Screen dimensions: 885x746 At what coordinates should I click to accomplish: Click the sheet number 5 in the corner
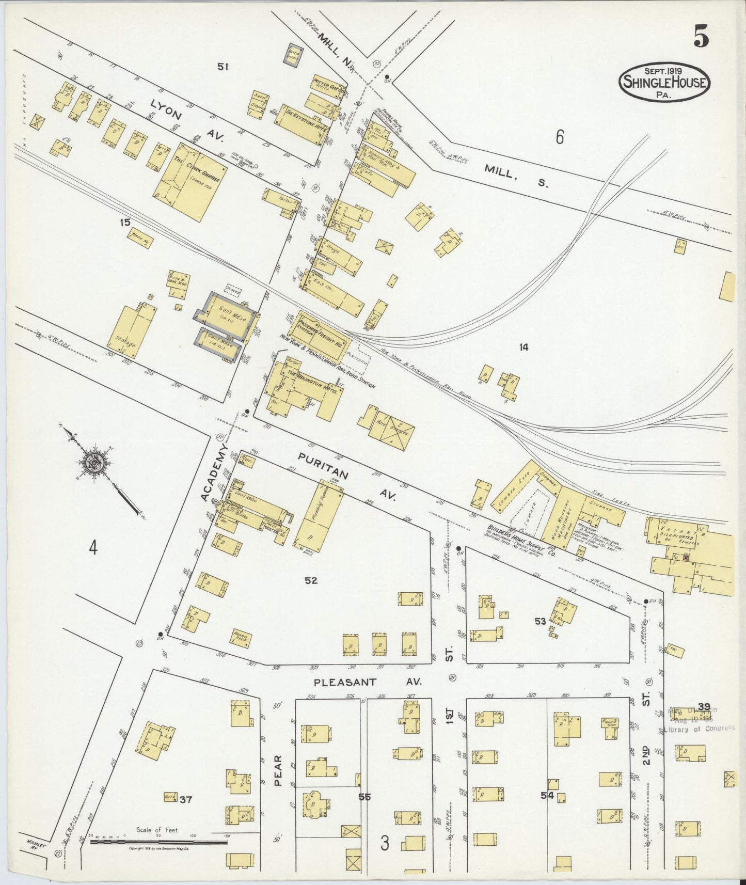pyautogui.click(x=701, y=36)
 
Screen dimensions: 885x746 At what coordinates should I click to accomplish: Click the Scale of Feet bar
pyautogui.click(x=158, y=842)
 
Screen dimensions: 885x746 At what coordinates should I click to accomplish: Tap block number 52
pyautogui.click(x=311, y=580)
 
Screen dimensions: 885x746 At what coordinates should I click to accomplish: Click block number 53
pyautogui.click(x=540, y=621)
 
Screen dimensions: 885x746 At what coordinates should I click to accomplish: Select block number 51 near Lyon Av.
pyautogui.click(x=223, y=66)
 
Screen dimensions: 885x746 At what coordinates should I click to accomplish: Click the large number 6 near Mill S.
pyautogui.click(x=560, y=137)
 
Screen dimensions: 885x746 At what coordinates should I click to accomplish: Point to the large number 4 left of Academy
pyautogui.click(x=92, y=548)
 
